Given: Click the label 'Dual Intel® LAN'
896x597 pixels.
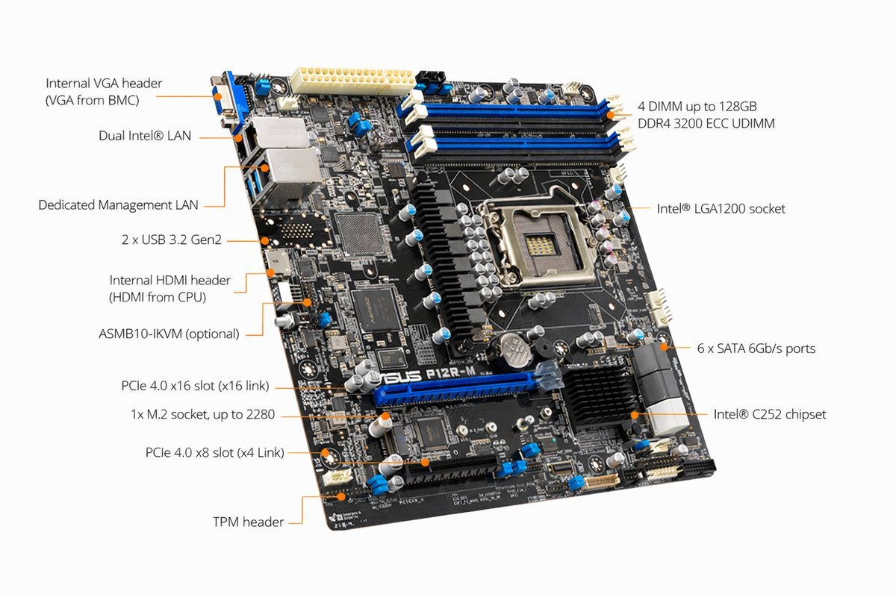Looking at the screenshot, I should pyautogui.click(x=145, y=136).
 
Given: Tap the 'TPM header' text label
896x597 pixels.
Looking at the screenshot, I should pyautogui.click(x=248, y=522).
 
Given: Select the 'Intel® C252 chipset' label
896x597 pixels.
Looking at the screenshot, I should pyautogui.click(x=770, y=414).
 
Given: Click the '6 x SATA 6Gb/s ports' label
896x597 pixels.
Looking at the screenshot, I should pyautogui.click(x=756, y=348).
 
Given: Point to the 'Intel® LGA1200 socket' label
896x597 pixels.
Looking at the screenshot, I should pyautogui.click(x=721, y=209).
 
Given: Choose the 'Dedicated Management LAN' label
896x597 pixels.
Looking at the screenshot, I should pyautogui.click(x=119, y=204).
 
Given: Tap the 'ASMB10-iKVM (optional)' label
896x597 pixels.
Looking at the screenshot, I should pyautogui.click(x=169, y=334).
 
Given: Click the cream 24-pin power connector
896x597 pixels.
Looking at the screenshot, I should pyautogui.click(x=351, y=79).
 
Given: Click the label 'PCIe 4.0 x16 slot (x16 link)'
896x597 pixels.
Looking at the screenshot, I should pyautogui.click(x=195, y=386).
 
